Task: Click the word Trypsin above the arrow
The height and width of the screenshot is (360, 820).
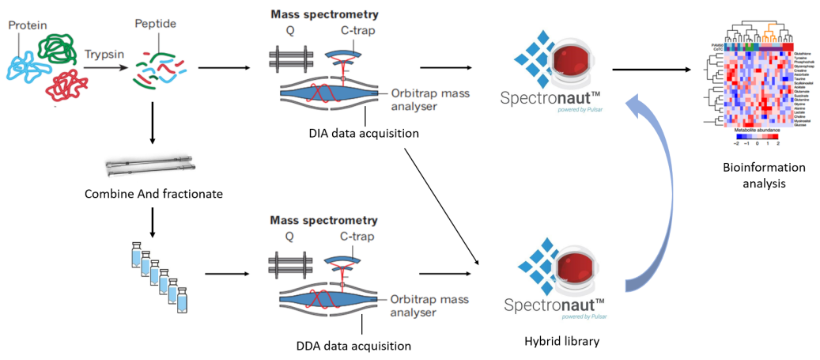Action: click(x=103, y=55)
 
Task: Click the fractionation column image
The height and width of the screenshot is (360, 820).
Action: click(x=149, y=167)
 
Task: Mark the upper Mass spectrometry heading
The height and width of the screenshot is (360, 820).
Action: click(x=324, y=14)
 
